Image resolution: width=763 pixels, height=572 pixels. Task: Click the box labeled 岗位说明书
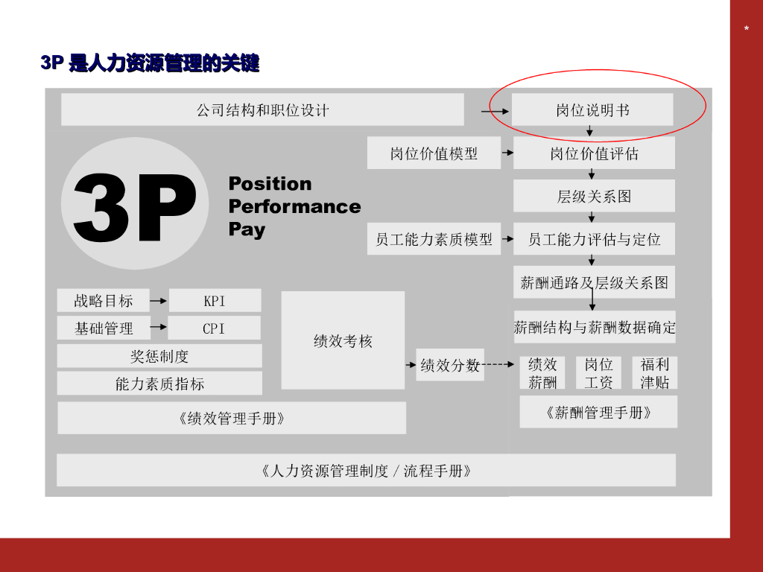tap(592, 110)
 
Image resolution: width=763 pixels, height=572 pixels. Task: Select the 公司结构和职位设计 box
tap(262, 109)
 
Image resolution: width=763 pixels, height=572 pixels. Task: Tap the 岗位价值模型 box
tap(434, 153)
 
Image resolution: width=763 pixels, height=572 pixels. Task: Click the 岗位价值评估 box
tap(594, 153)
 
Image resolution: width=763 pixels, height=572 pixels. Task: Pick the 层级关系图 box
tap(594, 196)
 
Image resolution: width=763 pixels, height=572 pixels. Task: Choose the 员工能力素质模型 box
tap(434, 239)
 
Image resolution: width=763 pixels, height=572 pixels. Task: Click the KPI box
tap(215, 301)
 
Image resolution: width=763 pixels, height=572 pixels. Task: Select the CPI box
tap(214, 328)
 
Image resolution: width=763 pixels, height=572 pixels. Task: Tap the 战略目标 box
tap(103, 300)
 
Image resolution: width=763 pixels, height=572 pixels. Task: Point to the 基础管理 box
tap(104, 328)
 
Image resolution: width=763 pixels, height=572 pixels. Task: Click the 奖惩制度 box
tap(159, 356)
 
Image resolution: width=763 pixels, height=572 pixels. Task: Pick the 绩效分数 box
tap(450, 365)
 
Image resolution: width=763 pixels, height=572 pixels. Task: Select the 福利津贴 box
tap(655, 373)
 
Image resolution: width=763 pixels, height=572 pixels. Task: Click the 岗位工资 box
tap(598, 373)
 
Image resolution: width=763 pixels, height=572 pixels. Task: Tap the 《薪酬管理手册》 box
tap(598, 412)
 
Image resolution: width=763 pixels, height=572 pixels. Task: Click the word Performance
tap(294, 206)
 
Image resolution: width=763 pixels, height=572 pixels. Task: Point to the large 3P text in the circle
tap(134, 207)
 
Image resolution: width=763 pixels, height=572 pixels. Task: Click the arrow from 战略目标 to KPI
tap(158, 301)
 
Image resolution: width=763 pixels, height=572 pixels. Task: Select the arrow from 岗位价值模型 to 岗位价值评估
tap(507, 153)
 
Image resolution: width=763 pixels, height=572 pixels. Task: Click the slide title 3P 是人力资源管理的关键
tap(150, 63)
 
